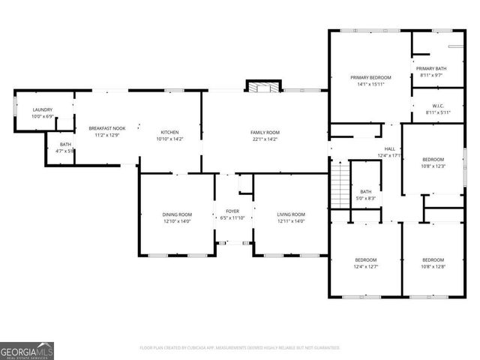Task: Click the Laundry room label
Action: [x=42, y=112]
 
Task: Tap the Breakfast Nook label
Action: [x=107, y=131]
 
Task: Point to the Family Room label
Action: [x=265, y=135]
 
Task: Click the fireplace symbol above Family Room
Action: [x=262, y=88]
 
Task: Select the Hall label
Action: [x=390, y=152]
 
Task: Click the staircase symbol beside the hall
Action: [x=340, y=181]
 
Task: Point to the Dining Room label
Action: [x=177, y=217]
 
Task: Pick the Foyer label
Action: [x=232, y=214]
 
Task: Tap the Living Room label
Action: [x=291, y=217]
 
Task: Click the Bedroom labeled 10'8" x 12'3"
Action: [x=433, y=162]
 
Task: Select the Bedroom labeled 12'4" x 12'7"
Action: [x=366, y=262]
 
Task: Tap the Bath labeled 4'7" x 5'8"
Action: [x=66, y=147]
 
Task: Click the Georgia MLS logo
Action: [x=27, y=349]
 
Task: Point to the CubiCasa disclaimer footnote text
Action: [x=240, y=348]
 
